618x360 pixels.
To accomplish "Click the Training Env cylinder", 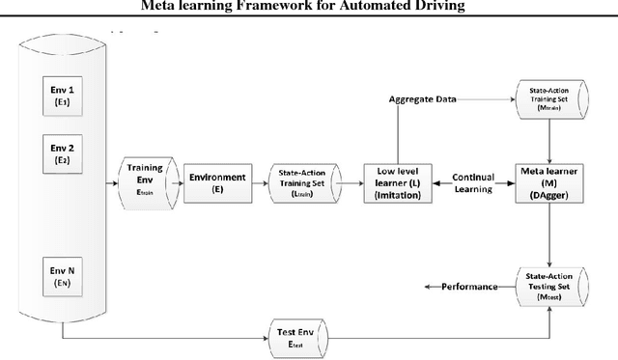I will click(145, 179).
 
